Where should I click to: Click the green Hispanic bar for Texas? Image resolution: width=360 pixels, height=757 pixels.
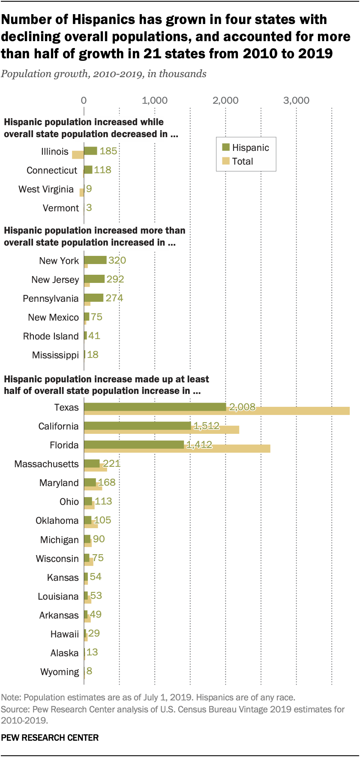(x=154, y=407)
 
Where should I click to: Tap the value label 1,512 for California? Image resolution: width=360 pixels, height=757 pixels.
(x=207, y=426)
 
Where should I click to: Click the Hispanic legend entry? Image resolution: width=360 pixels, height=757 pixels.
(x=246, y=148)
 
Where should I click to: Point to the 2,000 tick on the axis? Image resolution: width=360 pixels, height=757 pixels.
(x=225, y=100)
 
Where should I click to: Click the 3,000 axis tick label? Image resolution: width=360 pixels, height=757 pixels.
(x=296, y=100)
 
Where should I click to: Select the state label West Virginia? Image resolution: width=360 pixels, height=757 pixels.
(x=46, y=189)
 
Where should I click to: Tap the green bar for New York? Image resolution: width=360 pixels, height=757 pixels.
(x=95, y=260)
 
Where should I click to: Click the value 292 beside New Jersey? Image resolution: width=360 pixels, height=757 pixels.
(x=115, y=279)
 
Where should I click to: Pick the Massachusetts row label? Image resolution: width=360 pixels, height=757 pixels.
(x=46, y=464)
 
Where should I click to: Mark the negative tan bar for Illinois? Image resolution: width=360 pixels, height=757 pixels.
(x=78, y=155)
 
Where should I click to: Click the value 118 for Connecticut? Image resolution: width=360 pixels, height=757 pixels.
(x=102, y=170)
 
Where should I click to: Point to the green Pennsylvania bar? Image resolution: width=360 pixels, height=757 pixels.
(x=93, y=297)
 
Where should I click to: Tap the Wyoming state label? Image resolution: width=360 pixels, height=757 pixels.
(x=60, y=672)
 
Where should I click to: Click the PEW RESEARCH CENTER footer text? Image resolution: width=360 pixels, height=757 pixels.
(x=50, y=737)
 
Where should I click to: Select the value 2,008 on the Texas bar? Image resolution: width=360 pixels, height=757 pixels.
(x=242, y=407)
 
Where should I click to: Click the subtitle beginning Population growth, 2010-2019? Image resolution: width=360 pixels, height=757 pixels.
(x=103, y=74)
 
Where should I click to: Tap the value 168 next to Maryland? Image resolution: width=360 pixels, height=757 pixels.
(x=107, y=483)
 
